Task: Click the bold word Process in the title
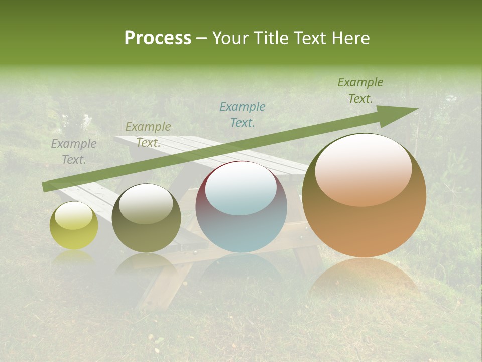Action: [x=158, y=38]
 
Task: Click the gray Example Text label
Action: [x=74, y=152]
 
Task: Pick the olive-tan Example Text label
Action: [x=148, y=135]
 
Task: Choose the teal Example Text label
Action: [x=243, y=114]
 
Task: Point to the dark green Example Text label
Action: [x=360, y=90]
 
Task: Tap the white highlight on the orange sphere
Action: [x=363, y=166]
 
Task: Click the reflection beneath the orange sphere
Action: [x=364, y=277]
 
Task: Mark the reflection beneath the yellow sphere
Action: [x=74, y=257]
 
